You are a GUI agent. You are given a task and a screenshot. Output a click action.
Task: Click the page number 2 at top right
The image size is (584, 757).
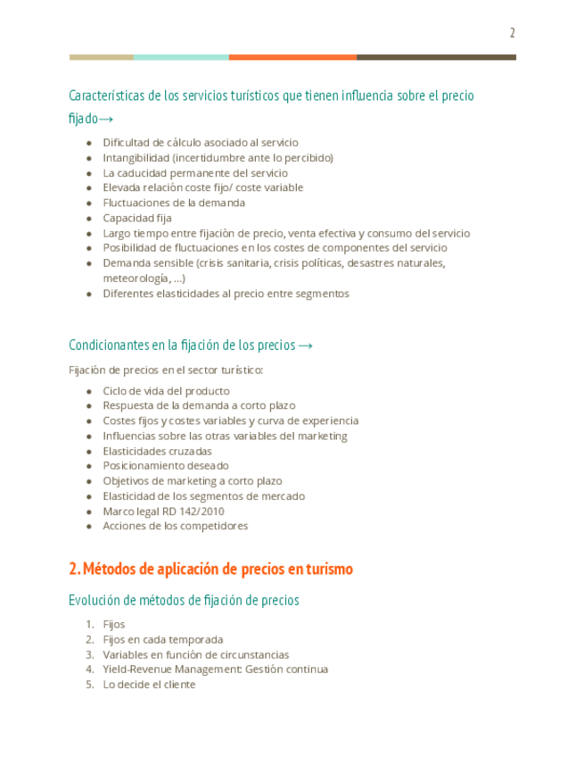[x=512, y=34]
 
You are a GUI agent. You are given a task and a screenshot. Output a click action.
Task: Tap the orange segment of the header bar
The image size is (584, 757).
[x=292, y=57]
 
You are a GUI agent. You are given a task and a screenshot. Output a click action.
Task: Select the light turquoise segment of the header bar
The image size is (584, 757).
[x=181, y=57]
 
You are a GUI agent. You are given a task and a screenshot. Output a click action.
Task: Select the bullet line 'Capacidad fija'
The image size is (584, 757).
[x=137, y=218]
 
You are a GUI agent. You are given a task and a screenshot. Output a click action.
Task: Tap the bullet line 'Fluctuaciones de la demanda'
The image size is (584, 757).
[x=174, y=203]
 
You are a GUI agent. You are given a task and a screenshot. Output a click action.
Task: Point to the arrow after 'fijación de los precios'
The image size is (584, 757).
[x=305, y=345]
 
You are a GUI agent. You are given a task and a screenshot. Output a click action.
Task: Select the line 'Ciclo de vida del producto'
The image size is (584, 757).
[x=166, y=391]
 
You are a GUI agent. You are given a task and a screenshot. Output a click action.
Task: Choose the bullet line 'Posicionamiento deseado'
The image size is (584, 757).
[x=166, y=466]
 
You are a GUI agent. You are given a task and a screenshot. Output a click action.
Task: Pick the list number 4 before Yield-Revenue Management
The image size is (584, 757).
[x=89, y=670]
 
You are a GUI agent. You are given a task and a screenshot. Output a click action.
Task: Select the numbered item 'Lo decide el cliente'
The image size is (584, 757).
[x=149, y=685]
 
